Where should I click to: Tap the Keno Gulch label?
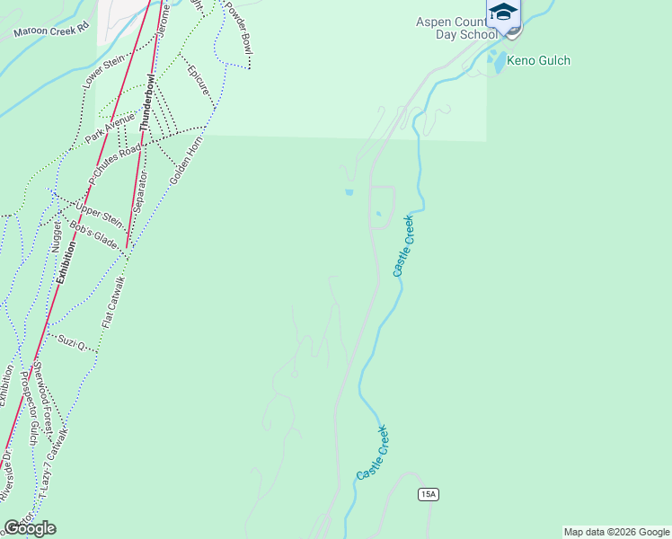pyautogui.click(x=539, y=61)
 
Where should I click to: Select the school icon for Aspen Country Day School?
pyautogui.click(x=503, y=13)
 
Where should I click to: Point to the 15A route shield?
pyautogui.click(x=428, y=494)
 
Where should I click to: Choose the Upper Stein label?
pyautogui.click(x=99, y=215)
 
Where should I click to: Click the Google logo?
pyautogui.click(x=30, y=527)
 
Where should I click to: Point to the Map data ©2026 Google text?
pyautogui.click(x=616, y=532)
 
